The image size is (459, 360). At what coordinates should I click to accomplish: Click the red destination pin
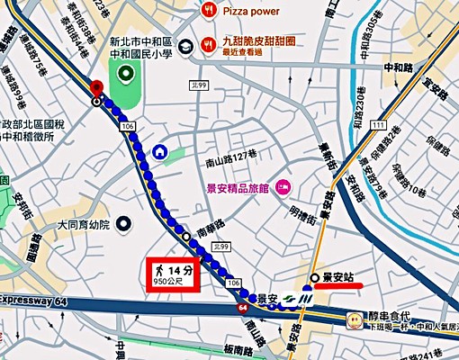(x=97, y=87)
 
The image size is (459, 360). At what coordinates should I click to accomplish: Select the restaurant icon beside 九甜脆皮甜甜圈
(x=208, y=41)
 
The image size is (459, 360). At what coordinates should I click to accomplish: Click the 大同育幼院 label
(x=82, y=224)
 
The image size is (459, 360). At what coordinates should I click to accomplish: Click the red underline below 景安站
(x=334, y=286)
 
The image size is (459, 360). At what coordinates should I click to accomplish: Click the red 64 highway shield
(x=244, y=308)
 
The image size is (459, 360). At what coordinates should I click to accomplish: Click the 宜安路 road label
(x=439, y=82)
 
